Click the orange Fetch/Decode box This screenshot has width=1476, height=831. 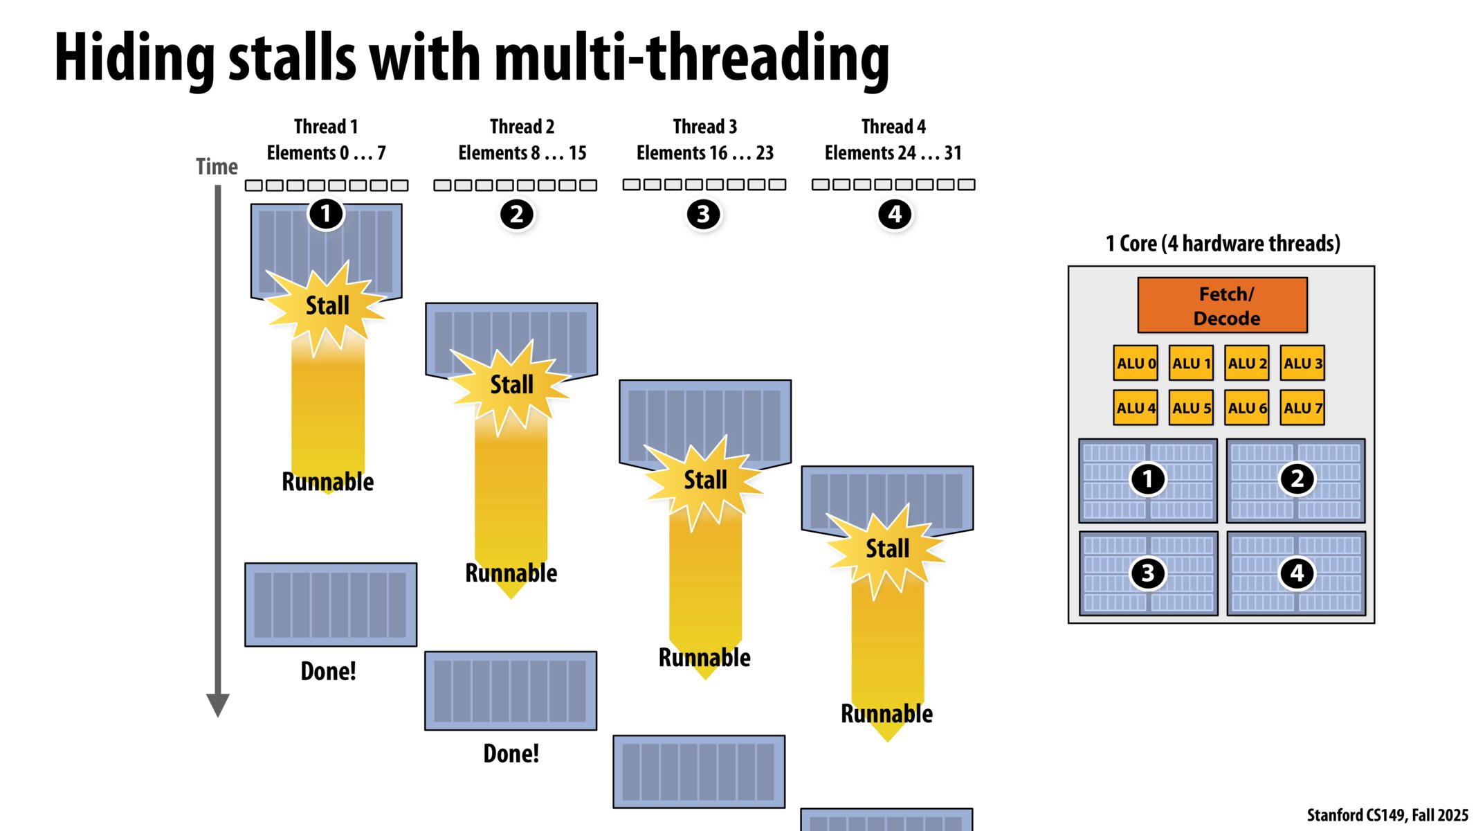[x=1222, y=305]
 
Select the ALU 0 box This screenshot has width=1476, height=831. [x=1135, y=363]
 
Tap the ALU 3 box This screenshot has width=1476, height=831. [x=1302, y=363]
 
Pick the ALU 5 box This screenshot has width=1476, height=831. [x=1191, y=408]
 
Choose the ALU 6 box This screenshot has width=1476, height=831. [x=1246, y=408]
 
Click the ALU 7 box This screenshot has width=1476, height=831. [x=1302, y=408]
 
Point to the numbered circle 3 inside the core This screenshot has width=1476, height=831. [x=1147, y=573]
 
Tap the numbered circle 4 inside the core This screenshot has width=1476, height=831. [x=1296, y=573]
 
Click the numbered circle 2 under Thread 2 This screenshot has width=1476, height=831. [x=516, y=215]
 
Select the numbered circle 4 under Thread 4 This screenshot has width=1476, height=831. [x=894, y=215]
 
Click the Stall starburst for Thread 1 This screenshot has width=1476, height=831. [x=327, y=306]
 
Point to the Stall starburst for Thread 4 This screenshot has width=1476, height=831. [x=886, y=548]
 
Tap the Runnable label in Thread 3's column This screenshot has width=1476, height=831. [x=704, y=657]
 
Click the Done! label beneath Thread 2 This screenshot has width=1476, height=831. [x=511, y=753]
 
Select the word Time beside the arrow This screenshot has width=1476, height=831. [x=217, y=167]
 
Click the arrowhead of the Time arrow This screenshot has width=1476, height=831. [x=218, y=704]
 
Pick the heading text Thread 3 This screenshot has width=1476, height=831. [x=704, y=127]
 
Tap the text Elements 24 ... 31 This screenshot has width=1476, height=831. [x=893, y=153]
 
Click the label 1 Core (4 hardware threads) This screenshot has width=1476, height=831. [x=1222, y=244]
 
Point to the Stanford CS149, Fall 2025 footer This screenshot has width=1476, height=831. [x=1387, y=815]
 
